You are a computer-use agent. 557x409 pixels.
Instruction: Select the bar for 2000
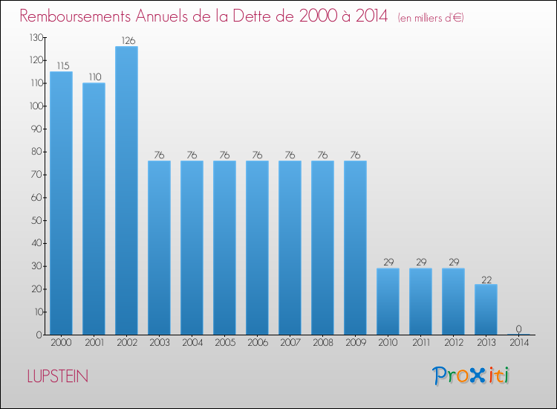[x=61, y=203]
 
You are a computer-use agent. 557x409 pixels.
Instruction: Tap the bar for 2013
[x=486, y=309]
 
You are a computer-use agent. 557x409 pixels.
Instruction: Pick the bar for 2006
[x=257, y=248]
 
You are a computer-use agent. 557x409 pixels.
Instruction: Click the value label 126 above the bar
[x=126, y=41]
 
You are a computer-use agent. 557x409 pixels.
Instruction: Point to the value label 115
[x=61, y=66]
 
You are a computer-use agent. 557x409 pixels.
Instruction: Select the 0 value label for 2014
[x=518, y=329]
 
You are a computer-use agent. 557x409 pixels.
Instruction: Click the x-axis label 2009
[x=355, y=344]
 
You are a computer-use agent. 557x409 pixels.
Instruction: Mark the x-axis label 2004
[x=192, y=344]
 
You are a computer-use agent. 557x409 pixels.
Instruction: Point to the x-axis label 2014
[x=518, y=344]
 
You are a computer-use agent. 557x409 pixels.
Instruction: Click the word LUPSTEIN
[x=57, y=377]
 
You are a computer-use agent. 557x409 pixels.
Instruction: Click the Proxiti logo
[x=471, y=376]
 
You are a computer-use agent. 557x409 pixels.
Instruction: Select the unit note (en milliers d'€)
[x=420, y=18]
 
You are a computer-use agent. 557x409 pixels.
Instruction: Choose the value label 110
[x=94, y=77]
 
